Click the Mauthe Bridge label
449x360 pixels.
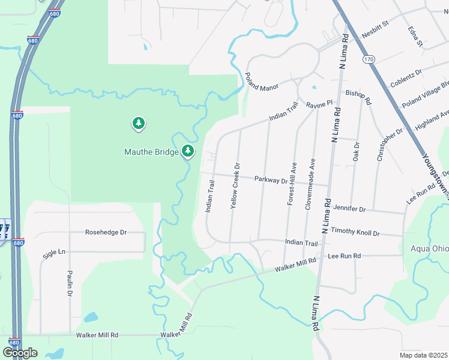point(151,152)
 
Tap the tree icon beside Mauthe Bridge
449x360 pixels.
point(188,150)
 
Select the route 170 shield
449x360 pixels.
point(368,59)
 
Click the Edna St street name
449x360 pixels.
point(415,36)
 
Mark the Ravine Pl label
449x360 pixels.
point(319,104)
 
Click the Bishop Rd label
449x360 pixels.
point(358,95)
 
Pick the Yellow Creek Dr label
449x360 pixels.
point(235,186)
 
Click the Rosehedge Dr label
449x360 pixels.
point(106,232)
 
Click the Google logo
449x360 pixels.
point(20,352)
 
